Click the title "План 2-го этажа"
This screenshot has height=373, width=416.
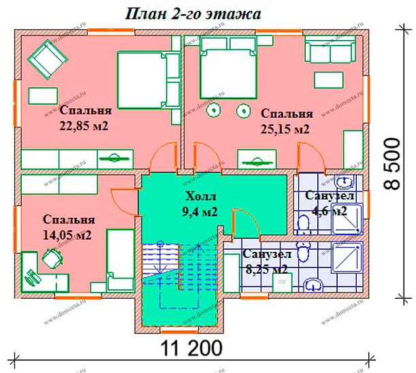[191, 13]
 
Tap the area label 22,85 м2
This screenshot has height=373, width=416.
[85, 126]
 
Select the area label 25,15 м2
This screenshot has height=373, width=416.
[285, 129]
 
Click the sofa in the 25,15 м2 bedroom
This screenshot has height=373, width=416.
[330, 51]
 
